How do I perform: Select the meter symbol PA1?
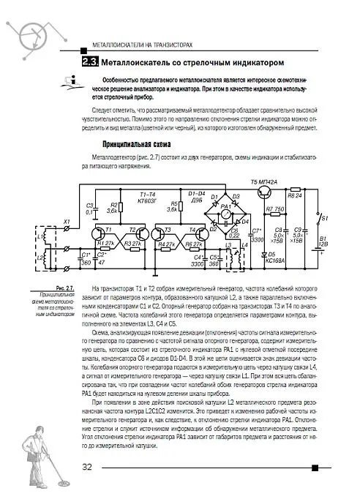coord(226,208)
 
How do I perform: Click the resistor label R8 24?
coord(294,187)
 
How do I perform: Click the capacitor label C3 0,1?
coord(91,209)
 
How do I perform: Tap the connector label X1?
coord(67,221)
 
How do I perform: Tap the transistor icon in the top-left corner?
coord(31,34)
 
